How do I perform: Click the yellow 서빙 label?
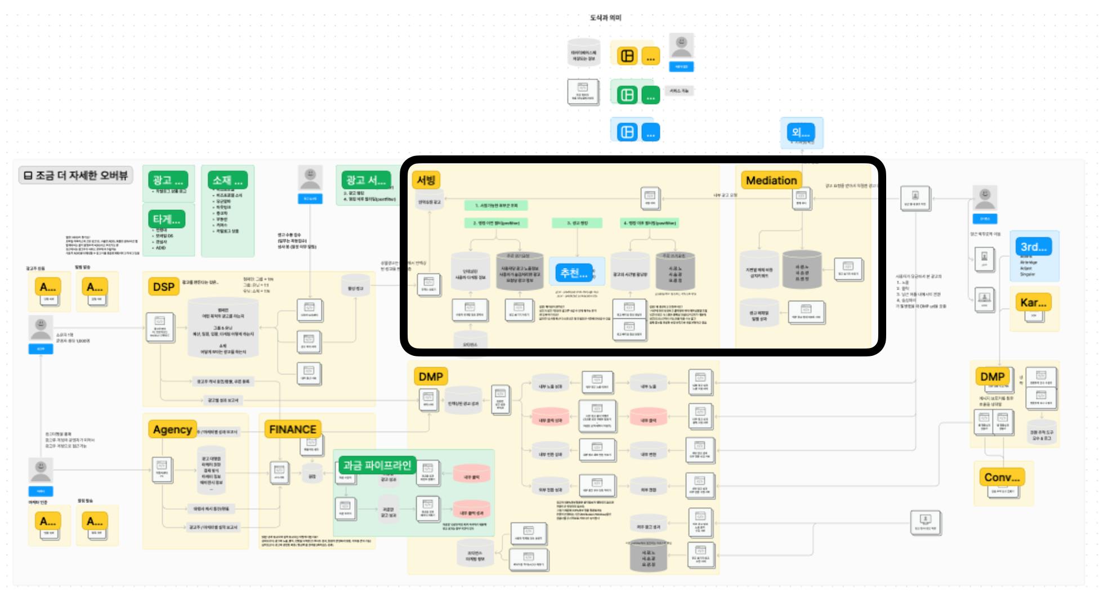click(426, 180)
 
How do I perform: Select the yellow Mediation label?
click(771, 180)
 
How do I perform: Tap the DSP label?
click(163, 287)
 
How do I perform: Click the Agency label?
click(172, 430)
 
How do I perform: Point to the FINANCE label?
click(292, 430)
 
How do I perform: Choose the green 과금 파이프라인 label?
click(377, 465)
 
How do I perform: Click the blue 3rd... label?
click(1034, 247)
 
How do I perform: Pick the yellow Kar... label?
click(1033, 302)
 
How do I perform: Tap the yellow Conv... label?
click(1002, 477)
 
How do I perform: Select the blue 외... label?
click(801, 133)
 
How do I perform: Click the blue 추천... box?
click(574, 273)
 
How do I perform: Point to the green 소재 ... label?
click(227, 180)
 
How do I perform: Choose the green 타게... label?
click(166, 219)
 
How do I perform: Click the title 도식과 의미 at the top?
click(605, 18)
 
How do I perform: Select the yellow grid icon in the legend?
click(627, 56)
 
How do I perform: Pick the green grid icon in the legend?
click(627, 95)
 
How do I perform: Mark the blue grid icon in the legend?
click(627, 132)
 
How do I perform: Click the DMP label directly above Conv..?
click(992, 377)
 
